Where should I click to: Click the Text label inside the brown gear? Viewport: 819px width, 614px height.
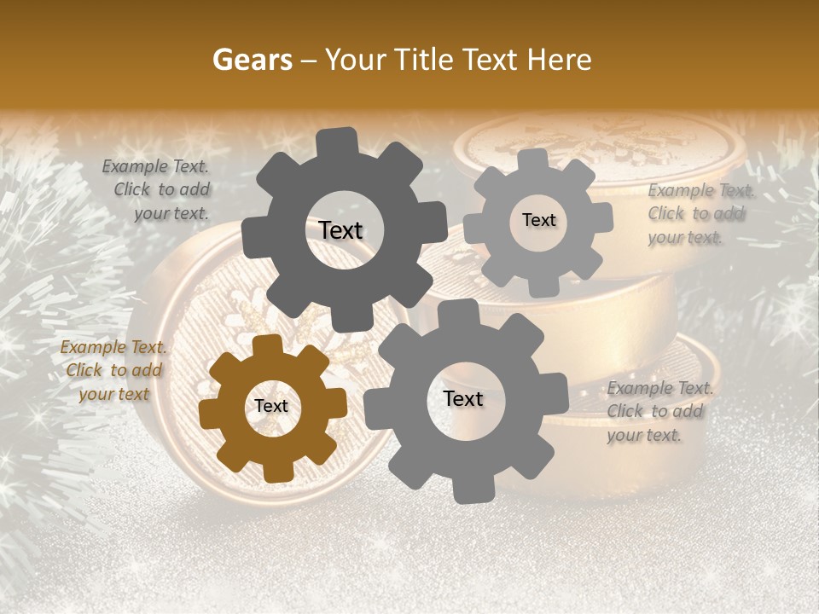pos(271,407)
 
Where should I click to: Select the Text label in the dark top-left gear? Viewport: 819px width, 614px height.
pos(340,230)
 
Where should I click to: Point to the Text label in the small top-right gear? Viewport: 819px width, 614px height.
pos(538,220)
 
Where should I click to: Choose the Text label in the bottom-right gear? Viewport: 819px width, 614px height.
pos(463,399)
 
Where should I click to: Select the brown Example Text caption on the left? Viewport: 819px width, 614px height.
pos(113,370)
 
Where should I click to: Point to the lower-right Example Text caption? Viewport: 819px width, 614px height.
pos(659,411)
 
